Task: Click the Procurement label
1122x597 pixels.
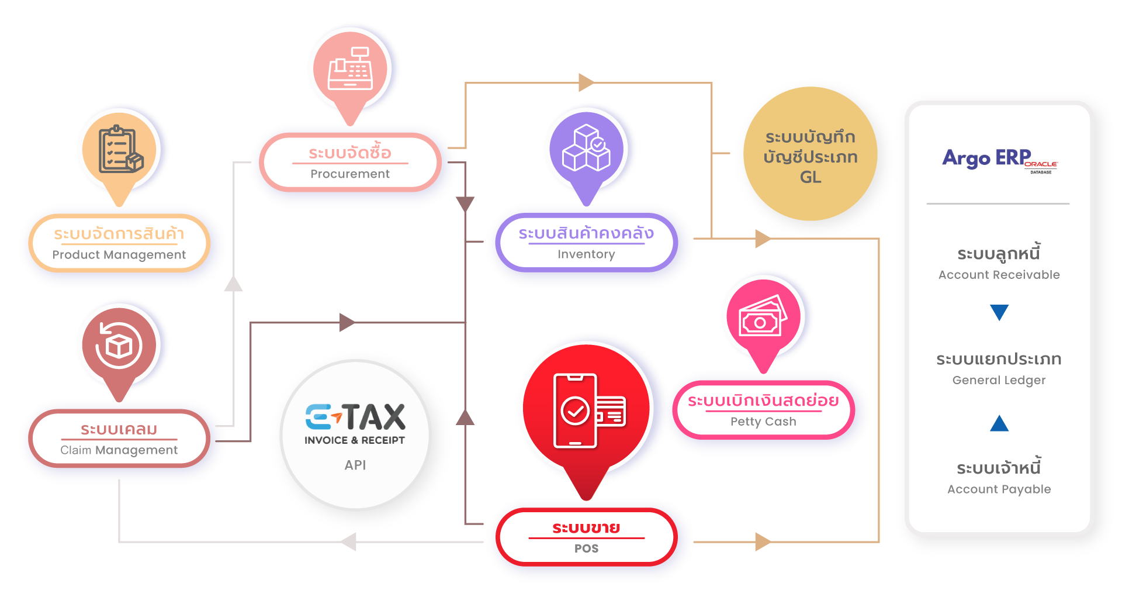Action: pos(350,174)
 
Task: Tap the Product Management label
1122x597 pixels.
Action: pos(119,255)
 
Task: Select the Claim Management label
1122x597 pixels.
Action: pos(119,450)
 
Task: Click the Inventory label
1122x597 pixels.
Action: pos(586,254)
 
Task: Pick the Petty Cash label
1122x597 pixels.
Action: pos(763,422)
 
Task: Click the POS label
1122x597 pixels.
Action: pos(586,548)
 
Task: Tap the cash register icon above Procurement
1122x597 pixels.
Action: pos(351,69)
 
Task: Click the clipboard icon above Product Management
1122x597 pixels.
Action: pos(120,150)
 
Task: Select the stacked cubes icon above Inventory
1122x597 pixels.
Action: pos(586,149)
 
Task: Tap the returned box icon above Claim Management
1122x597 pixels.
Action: pos(119,345)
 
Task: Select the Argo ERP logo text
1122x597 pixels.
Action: pos(987,158)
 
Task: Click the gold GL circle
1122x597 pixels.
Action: pos(811,154)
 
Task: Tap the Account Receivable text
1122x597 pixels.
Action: pos(999,275)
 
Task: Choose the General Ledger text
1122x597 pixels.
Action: pos(999,380)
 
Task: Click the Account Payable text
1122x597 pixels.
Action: pos(999,489)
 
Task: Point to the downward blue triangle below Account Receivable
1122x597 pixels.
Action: pos(999,312)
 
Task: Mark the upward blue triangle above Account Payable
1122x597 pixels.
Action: pos(999,423)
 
